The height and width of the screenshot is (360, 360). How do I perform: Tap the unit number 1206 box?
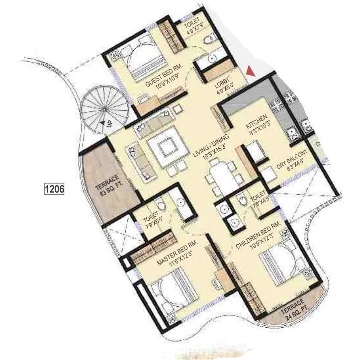coord(54,189)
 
